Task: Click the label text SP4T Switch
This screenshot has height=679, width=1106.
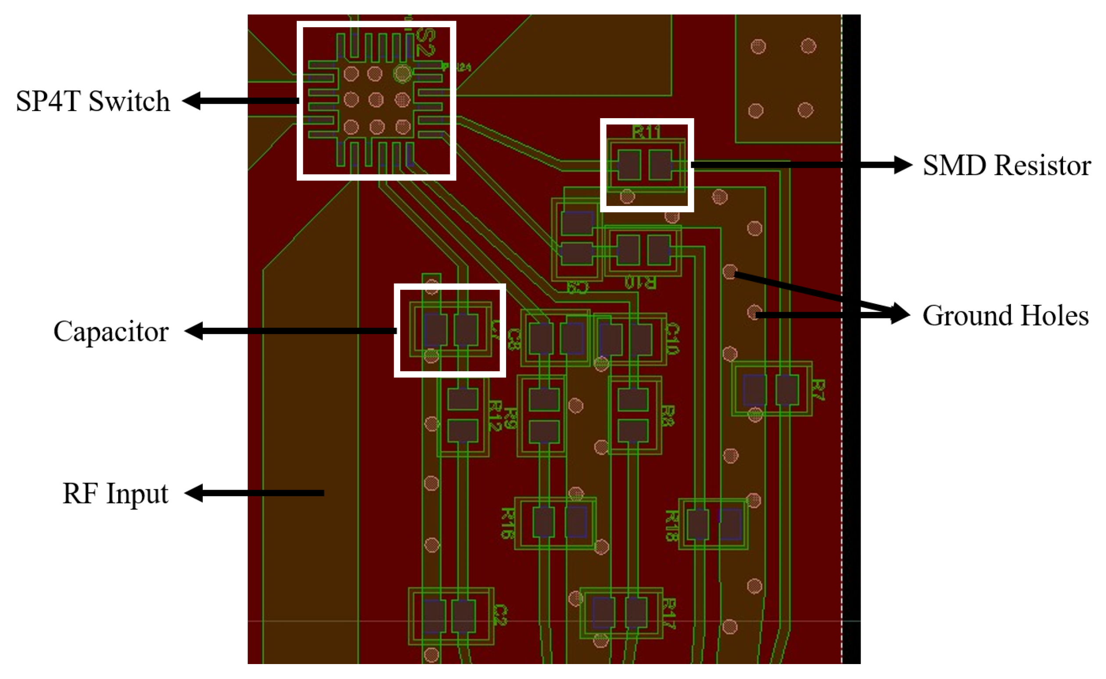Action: pyautogui.click(x=93, y=101)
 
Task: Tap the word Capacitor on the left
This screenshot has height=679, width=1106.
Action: pyautogui.click(x=111, y=332)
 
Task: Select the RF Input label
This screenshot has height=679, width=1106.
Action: pyautogui.click(x=115, y=494)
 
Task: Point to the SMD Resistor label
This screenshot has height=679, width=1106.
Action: pyautogui.click(x=1006, y=165)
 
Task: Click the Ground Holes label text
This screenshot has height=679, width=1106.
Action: pyautogui.click(x=1005, y=315)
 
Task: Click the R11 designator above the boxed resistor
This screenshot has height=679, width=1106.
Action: pyautogui.click(x=646, y=133)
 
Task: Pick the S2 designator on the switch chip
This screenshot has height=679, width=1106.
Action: pyautogui.click(x=425, y=43)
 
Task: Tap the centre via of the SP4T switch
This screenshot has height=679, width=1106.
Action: pyautogui.click(x=376, y=100)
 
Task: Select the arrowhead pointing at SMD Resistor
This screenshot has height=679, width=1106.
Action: pyautogui.click(x=902, y=165)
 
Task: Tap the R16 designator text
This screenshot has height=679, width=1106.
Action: pyautogui.click(x=508, y=523)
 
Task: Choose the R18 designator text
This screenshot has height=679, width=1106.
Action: pyautogui.click(x=671, y=525)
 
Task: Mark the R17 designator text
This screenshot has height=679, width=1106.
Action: pyautogui.click(x=669, y=614)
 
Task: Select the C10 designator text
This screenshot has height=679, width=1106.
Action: pyautogui.click(x=672, y=339)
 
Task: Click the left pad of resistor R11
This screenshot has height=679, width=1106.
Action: pyautogui.click(x=629, y=165)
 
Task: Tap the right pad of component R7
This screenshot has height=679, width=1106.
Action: pyautogui.click(x=787, y=390)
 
